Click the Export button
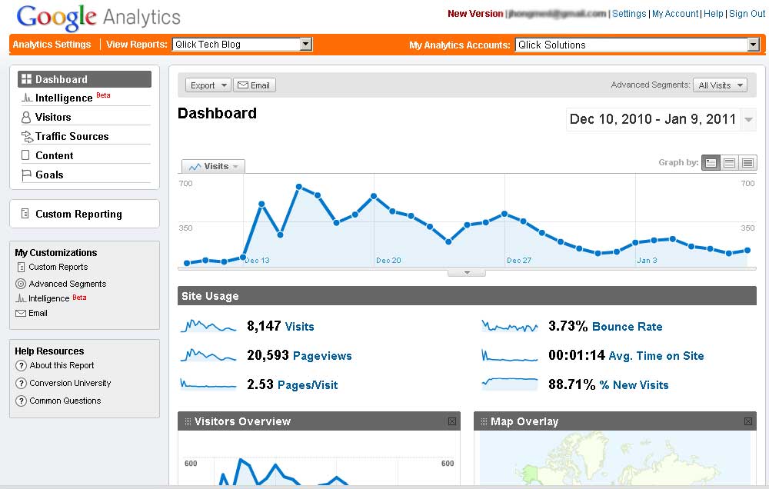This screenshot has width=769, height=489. click(x=208, y=85)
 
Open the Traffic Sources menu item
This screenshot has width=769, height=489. click(x=72, y=136)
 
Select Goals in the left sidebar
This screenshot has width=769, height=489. click(x=49, y=175)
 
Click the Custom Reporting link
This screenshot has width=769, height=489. click(x=78, y=214)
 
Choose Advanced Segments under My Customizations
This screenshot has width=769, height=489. click(x=68, y=284)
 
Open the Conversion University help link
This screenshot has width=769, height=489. click(x=70, y=383)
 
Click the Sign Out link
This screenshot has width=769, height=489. click(x=747, y=14)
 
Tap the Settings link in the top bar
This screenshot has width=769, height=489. click(x=629, y=14)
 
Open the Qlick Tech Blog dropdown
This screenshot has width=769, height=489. click(x=241, y=45)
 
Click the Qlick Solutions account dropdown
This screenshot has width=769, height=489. click(x=638, y=45)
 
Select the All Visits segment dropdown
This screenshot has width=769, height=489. click(x=720, y=85)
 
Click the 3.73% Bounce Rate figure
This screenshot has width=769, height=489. click(x=569, y=326)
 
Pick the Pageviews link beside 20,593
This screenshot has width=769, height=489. click(x=322, y=356)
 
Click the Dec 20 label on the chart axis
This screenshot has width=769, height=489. click(x=388, y=261)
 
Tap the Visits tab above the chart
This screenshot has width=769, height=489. click(x=213, y=166)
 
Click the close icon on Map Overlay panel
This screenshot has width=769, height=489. click(x=748, y=421)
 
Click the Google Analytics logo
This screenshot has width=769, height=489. click(x=98, y=17)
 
